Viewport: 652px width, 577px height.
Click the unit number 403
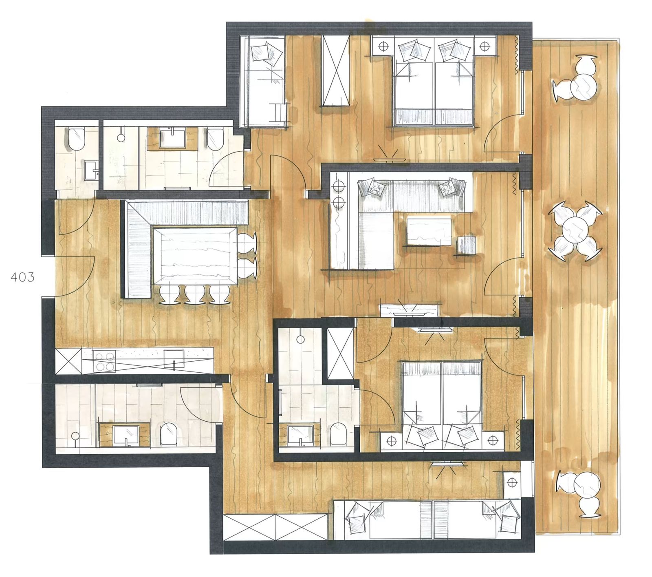point(23,277)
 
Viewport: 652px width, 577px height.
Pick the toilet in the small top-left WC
point(76,139)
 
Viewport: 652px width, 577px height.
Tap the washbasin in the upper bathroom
point(173,138)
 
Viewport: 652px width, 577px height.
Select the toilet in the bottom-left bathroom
point(168,434)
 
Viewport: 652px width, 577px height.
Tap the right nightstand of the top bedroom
point(485,45)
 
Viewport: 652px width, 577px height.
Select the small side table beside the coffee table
point(466,245)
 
